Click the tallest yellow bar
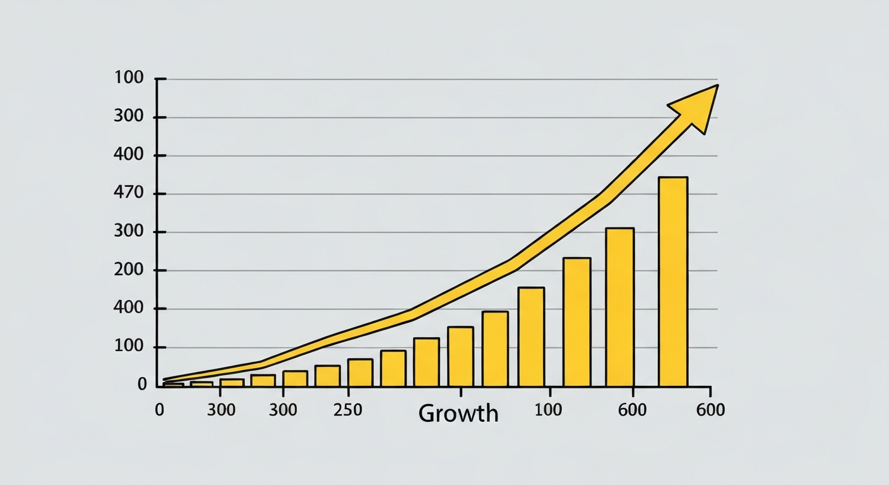point(673,282)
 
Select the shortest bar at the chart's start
point(174,384)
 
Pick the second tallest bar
point(619,307)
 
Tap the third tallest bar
point(576,322)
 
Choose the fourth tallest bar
point(531,337)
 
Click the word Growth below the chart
point(458,414)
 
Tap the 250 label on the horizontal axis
point(347,410)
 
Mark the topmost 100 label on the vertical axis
point(129,79)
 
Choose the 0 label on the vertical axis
point(142,385)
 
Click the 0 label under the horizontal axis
point(159,410)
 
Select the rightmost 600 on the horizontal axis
point(710,410)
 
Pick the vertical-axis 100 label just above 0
point(129,347)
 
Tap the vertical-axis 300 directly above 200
point(129,232)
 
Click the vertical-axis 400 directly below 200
point(129,309)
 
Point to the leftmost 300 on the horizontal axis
point(221,410)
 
